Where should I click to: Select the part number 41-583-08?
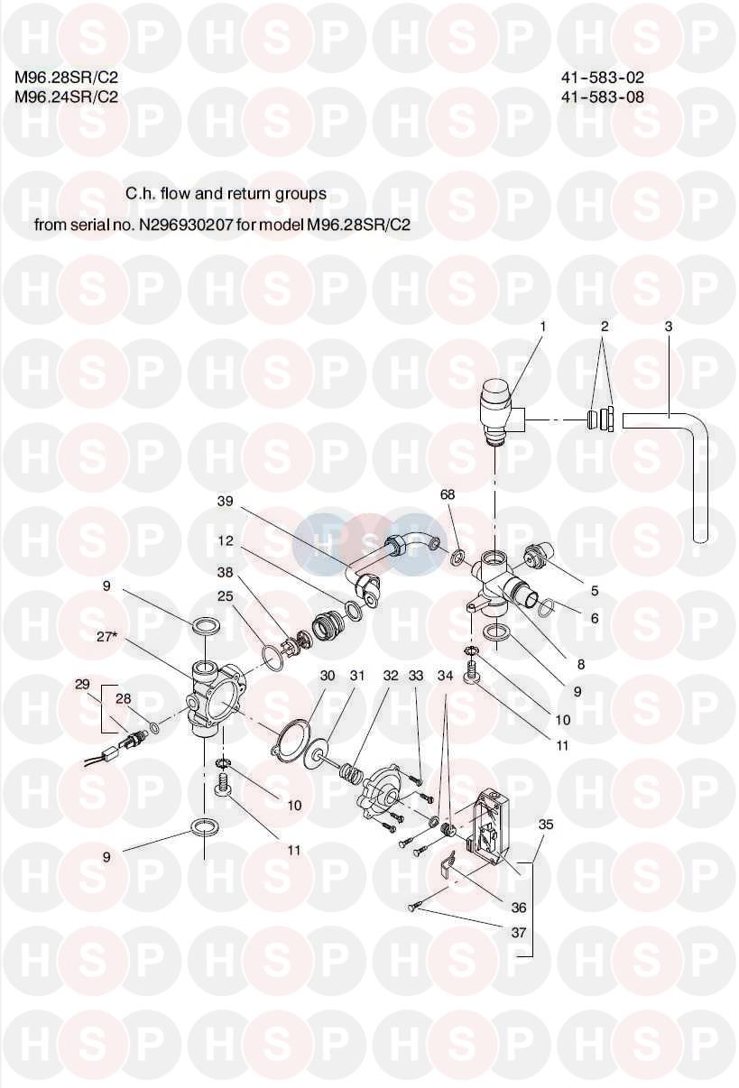pos(602,97)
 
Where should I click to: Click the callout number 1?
pos(544,327)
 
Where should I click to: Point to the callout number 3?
pos(668,327)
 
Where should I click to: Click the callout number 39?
pos(225,502)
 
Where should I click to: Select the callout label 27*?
pos(107,636)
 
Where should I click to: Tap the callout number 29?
pos(83,686)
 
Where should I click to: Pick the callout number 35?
pos(545,825)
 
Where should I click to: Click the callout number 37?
pos(518,933)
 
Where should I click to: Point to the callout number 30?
pos(328,676)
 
